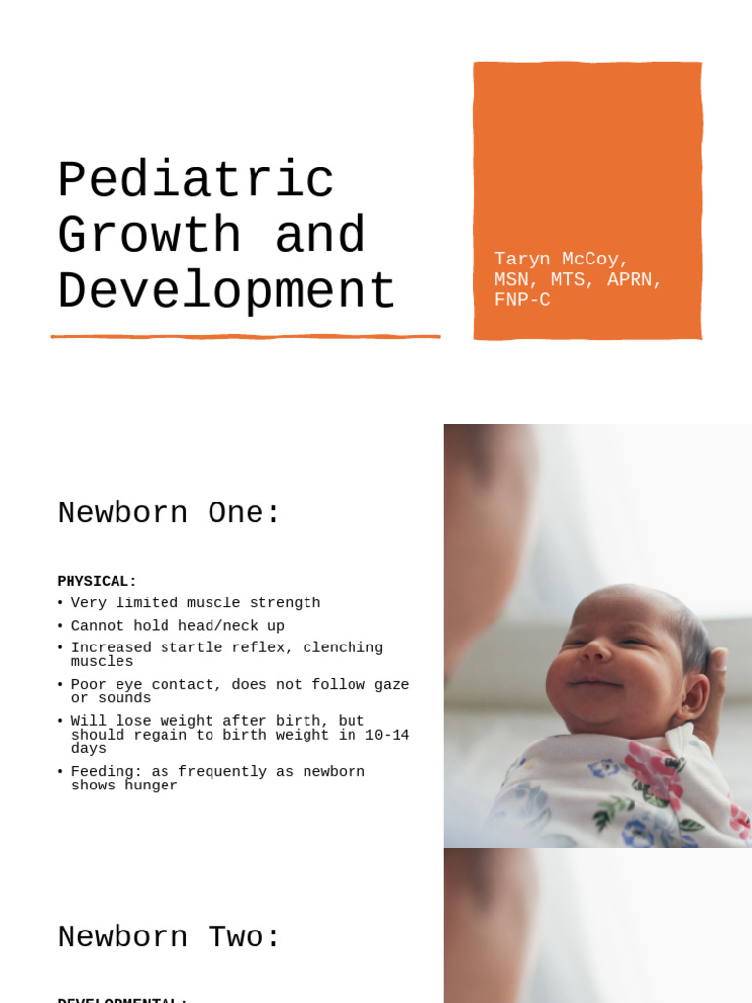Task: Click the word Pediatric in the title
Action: click(196, 182)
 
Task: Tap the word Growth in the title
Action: click(149, 237)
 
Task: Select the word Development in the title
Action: click(226, 293)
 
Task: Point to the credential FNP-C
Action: click(522, 301)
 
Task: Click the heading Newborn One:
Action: click(169, 513)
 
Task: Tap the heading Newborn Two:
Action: click(169, 937)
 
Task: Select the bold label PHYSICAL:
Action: click(97, 581)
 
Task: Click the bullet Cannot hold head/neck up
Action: click(177, 626)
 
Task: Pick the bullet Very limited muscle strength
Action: click(196, 603)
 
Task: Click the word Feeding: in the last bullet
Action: click(107, 772)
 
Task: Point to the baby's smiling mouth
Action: click(593, 681)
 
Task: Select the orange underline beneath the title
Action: click(245, 337)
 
